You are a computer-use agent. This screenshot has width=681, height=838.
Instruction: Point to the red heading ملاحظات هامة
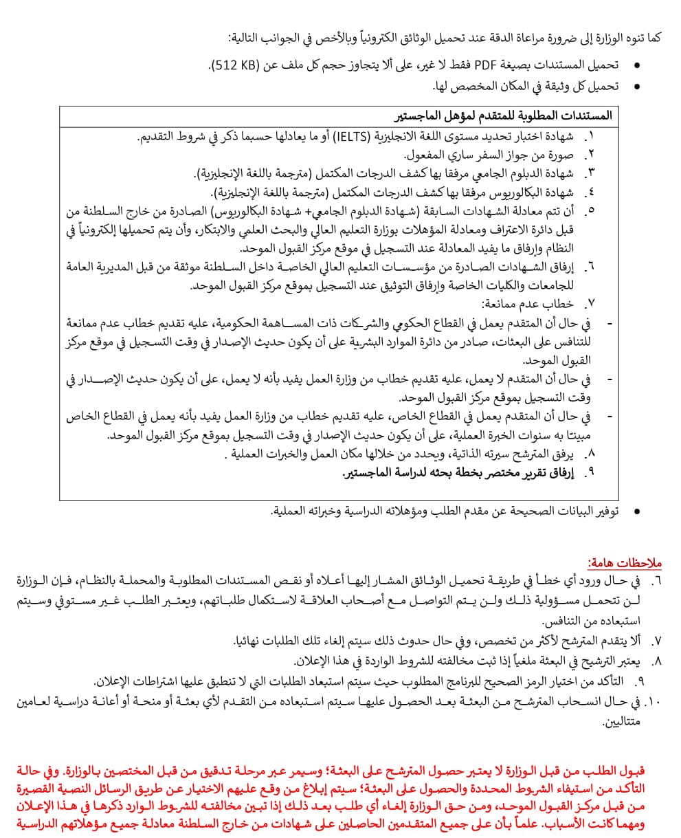625,563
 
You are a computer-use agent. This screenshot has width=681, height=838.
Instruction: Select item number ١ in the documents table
590,137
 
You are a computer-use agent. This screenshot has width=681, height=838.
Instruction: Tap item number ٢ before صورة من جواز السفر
590,155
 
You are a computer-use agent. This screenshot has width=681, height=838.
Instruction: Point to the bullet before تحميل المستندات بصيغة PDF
637,65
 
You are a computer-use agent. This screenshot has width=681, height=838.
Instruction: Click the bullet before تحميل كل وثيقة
637,86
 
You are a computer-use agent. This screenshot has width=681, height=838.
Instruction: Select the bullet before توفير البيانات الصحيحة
637,511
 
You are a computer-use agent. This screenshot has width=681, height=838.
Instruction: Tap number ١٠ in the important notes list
653,702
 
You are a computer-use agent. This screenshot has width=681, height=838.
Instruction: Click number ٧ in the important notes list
656,641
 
